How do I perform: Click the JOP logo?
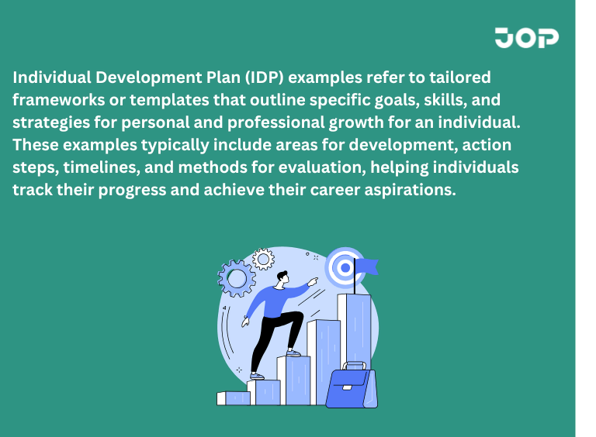point(526,37)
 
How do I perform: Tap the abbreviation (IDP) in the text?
point(272,79)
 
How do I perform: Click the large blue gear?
point(237,277)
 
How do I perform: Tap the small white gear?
point(264,258)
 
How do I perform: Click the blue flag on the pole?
point(366,267)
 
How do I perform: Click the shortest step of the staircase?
point(234,398)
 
